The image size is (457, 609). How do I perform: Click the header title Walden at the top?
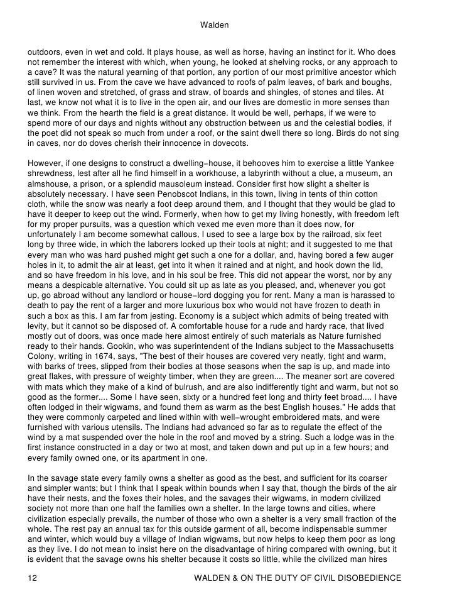click(214, 25)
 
